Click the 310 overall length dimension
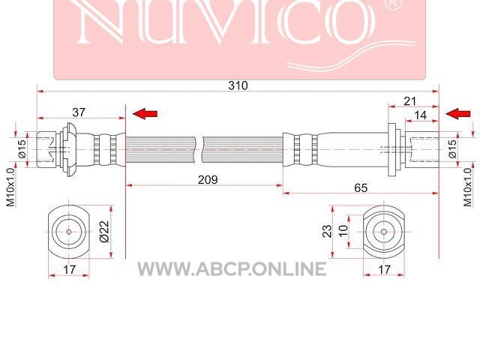click(238, 85)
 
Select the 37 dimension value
click(79, 112)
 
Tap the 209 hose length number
click(208, 180)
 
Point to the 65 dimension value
click(361, 187)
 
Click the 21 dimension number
click(410, 101)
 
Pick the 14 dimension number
click(420, 115)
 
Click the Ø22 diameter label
click(104, 232)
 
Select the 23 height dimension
click(327, 231)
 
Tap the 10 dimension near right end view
click(343, 230)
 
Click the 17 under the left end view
click(69, 270)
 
